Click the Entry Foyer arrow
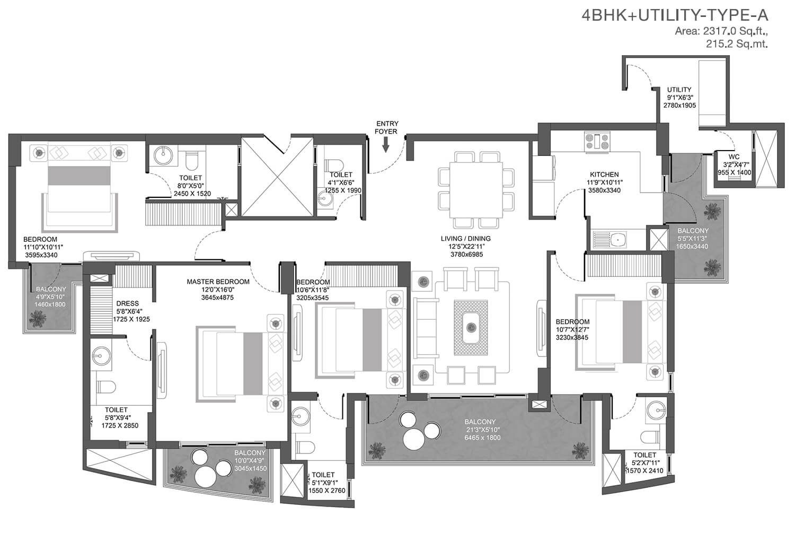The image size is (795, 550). click(385, 145)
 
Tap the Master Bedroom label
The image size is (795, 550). click(218, 282)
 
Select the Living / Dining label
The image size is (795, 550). click(466, 239)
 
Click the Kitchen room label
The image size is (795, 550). click(604, 174)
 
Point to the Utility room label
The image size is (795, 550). click(679, 90)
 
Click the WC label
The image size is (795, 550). click(734, 157)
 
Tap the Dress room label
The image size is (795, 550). click(127, 303)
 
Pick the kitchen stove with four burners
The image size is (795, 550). click(597, 140)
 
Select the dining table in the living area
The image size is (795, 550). click(475, 190)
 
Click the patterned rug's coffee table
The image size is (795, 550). click(471, 327)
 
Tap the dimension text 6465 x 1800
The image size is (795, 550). click(482, 438)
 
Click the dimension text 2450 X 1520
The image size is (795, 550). click(192, 194)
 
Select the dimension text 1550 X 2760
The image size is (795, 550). click(326, 491)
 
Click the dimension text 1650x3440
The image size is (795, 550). click(692, 247)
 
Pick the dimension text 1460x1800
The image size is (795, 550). click(50, 304)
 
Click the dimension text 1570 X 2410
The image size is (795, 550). click(644, 471)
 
